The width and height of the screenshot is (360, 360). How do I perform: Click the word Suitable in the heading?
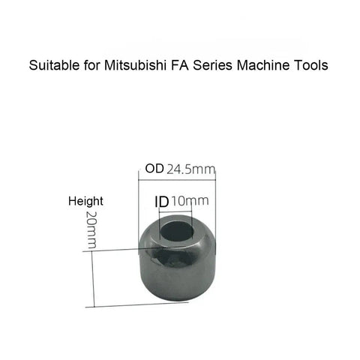click(54, 65)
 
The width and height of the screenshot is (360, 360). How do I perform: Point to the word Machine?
click(263, 65)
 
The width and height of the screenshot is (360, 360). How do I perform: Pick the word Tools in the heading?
click(311, 65)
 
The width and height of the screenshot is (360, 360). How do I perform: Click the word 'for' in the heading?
click(91, 65)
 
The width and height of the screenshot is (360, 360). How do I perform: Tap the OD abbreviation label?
click(154, 169)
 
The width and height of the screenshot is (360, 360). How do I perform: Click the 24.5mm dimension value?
click(190, 169)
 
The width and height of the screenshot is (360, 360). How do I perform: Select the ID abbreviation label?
click(162, 202)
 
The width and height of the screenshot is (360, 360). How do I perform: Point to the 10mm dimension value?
click(190, 201)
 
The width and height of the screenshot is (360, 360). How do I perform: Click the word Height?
click(85, 201)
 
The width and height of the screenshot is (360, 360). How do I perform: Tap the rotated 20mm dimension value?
click(91, 229)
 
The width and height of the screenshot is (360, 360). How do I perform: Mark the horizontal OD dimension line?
click(177, 179)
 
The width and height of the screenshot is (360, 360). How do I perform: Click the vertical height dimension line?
click(93, 279)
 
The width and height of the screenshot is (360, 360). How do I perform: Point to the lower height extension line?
click(137, 304)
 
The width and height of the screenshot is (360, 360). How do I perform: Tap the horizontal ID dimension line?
click(175, 212)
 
